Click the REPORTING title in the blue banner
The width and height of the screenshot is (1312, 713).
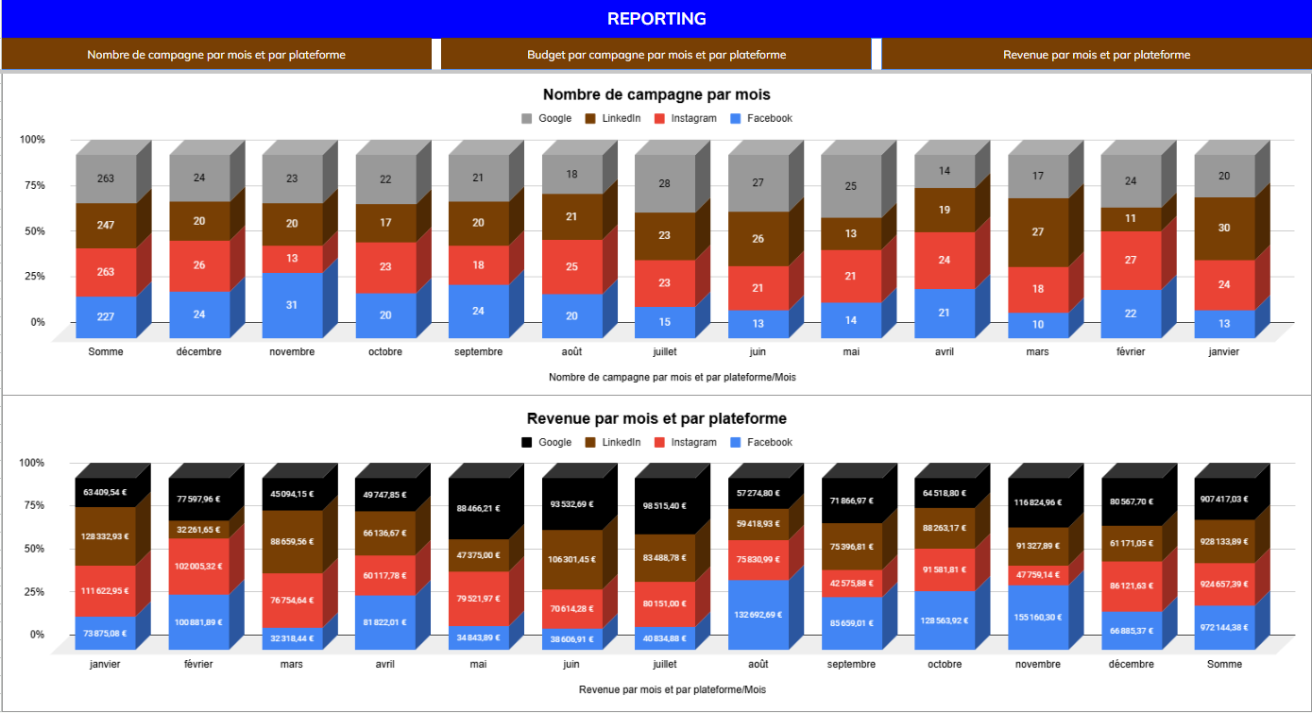coord(656,19)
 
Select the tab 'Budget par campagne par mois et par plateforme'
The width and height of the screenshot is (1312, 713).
coord(656,55)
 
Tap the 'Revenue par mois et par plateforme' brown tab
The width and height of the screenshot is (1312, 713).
coord(1096,55)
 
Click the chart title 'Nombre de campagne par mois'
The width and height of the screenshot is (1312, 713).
coord(656,94)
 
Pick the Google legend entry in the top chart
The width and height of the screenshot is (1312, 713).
coord(546,118)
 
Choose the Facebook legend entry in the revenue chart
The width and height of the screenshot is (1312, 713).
coord(761,442)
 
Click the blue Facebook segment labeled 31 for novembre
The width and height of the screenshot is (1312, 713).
coord(292,305)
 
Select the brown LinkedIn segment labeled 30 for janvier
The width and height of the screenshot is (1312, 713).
coord(1224,229)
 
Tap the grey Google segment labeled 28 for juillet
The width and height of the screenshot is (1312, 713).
coord(664,183)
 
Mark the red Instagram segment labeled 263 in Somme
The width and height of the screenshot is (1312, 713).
coord(106,272)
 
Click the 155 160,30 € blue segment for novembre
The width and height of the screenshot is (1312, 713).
coord(1038,617)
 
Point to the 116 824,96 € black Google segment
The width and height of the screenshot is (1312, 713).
coord(1038,502)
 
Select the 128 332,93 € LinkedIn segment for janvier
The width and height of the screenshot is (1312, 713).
coord(105,536)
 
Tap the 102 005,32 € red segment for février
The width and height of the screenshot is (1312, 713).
coord(198,566)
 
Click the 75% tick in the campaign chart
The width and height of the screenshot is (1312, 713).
coord(32,185)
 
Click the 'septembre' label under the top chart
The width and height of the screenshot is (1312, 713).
coord(479,352)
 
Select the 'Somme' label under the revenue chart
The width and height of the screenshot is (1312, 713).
coord(1224,664)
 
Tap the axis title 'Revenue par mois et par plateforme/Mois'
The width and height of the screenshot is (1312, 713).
coord(673,689)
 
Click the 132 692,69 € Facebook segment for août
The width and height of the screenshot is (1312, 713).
coord(758,615)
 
